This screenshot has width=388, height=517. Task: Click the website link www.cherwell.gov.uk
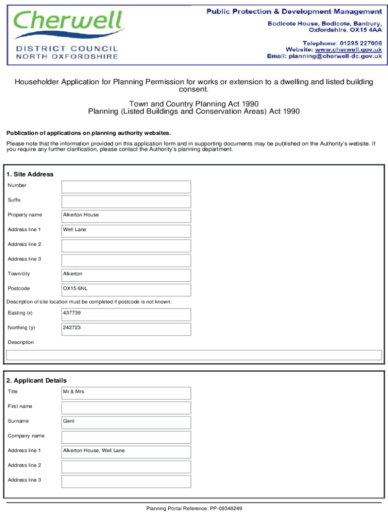coord(348,49)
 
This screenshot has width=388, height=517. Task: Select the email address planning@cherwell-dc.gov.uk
coord(335,57)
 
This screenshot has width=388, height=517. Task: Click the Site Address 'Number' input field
coord(126,187)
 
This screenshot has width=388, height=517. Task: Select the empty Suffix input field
coord(126,201)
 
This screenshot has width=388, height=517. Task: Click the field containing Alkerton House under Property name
coord(126,216)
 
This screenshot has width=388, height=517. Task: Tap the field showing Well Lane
coord(126,231)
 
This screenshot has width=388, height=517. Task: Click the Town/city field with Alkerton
coord(126,275)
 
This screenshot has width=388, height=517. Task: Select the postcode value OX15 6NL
coord(126,290)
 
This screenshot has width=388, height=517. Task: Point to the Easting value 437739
coord(126,314)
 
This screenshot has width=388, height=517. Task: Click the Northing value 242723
coord(126,329)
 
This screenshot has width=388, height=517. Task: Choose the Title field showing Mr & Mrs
coord(126,393)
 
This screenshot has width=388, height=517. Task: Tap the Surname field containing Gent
coord(126,422)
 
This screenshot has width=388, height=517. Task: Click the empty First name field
coord(126,407)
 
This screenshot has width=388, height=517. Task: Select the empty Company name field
coord(126,437)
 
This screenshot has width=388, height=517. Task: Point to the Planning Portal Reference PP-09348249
coord(195,508)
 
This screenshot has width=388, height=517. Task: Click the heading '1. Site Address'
coord(30,174)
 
